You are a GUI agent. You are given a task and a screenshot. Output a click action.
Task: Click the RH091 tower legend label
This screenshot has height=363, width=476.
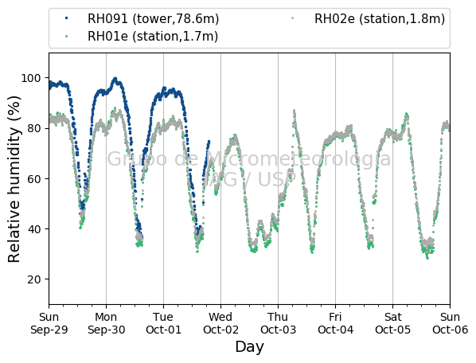(153, 19)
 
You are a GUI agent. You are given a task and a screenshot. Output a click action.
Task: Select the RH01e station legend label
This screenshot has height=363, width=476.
(153, 37)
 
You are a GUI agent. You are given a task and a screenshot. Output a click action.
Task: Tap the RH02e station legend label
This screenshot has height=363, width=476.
(380, 19)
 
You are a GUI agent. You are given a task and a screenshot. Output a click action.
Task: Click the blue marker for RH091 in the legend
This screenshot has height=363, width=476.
(67, 18)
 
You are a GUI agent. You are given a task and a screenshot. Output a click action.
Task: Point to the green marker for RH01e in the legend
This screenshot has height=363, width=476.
(67, 36)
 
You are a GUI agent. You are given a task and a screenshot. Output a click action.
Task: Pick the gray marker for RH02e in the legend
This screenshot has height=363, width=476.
(293, 18)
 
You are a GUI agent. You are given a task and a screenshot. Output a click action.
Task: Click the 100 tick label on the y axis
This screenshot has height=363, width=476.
(31, 78)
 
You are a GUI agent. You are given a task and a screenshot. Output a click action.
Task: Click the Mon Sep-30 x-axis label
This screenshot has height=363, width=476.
(106, 323)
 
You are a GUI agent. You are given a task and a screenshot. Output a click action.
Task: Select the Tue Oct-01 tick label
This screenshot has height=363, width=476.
(164, 323)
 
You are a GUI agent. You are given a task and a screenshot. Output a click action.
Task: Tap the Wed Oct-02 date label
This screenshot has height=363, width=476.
(220, 323)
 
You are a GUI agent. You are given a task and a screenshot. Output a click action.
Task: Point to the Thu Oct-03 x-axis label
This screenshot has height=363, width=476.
(278, 323)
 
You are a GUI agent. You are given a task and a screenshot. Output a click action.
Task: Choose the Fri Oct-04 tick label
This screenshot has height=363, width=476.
(335, 323)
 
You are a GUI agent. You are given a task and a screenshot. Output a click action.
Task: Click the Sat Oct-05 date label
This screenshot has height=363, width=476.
(393, 323)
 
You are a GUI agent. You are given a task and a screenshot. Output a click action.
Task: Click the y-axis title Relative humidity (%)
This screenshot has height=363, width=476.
(14, 179)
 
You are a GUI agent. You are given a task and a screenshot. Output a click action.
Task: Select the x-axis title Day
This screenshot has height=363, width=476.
(249, 347)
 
